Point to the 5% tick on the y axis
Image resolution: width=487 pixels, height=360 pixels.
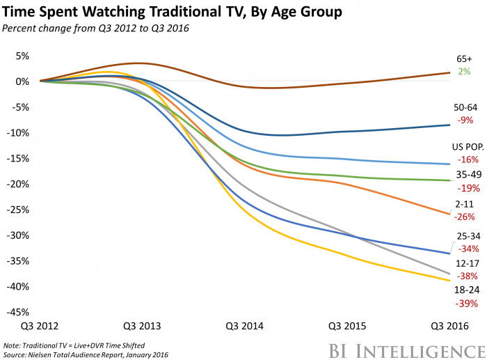click(22, 56)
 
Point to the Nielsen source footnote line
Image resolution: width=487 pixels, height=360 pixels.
click(87, 355)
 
